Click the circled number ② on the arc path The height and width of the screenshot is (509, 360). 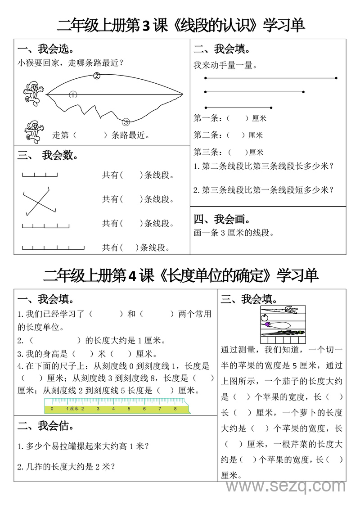click(96, 76)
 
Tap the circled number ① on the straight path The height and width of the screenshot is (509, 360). click(73, 95)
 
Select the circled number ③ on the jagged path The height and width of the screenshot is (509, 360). click(126, 122)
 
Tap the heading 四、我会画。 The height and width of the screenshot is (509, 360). click(222, 219)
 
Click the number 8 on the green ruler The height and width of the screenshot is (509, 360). click(175, 409)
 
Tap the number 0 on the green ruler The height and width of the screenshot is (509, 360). click(52, 409)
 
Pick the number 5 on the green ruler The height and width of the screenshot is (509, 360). click(129, 409)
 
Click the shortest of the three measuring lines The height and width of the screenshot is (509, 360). click(238, 108)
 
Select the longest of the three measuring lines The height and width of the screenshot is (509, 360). click(271, 78)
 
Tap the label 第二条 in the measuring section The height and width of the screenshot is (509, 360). click(207, 135)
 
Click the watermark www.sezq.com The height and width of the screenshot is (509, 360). click(285, 486)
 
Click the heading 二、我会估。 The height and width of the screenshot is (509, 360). click(46, 426)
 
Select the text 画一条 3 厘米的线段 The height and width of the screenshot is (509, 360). click(234, 233)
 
